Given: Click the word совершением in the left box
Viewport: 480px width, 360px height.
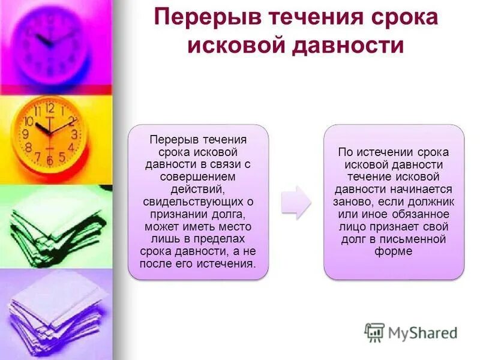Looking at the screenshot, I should [198, 176].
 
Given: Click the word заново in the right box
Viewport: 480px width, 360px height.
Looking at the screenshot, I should [352, 202].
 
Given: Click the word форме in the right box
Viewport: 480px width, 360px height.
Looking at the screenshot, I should [394, 252].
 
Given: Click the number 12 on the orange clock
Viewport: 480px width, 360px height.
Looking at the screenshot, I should [49, 109].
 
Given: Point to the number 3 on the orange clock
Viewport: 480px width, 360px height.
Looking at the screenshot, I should [74, 134].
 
